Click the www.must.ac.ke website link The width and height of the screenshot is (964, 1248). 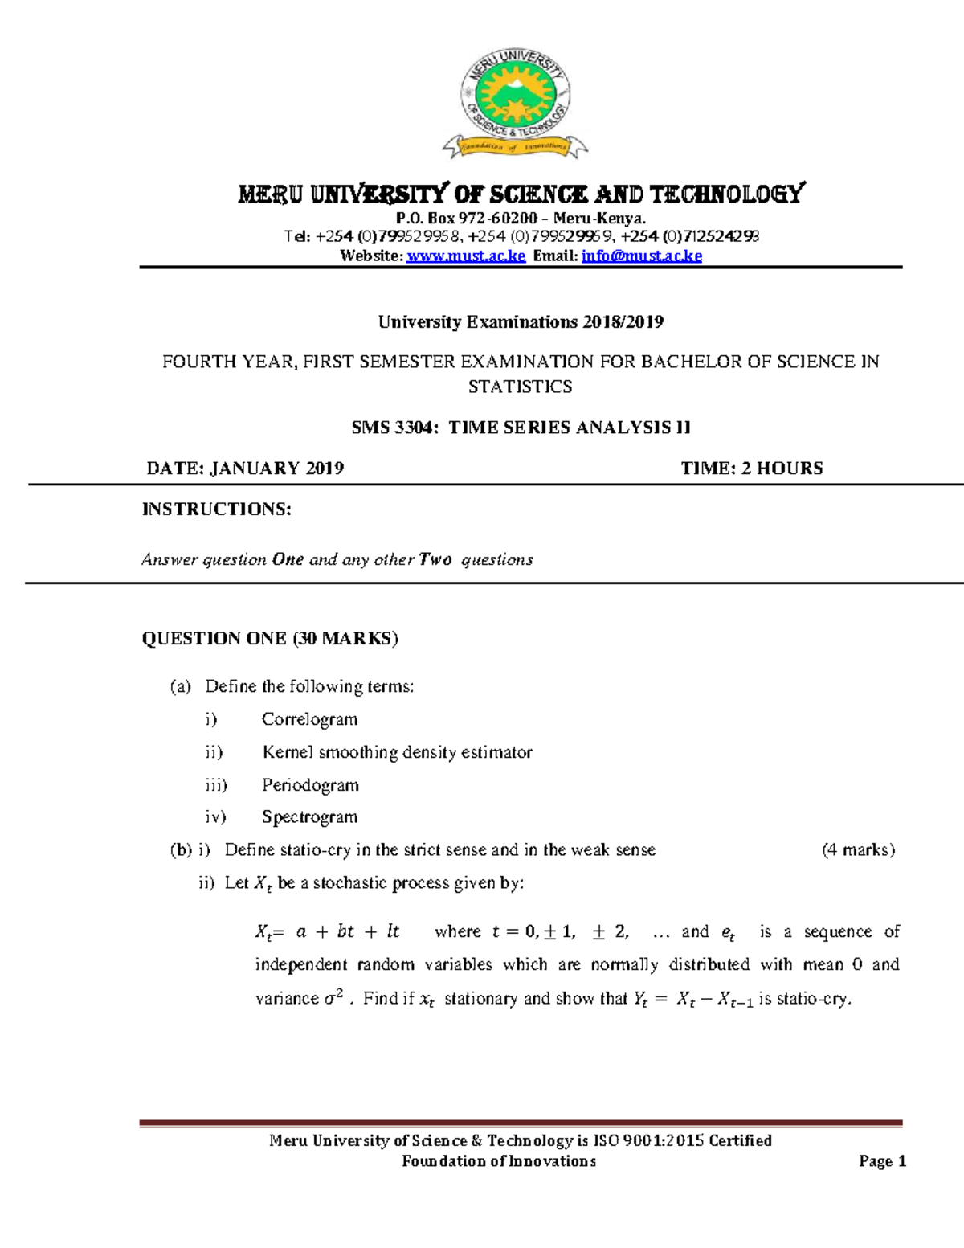466,256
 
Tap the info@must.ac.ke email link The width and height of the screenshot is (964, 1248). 641,256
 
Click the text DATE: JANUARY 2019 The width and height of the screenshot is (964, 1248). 245,469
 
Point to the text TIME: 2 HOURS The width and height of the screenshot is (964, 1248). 752,469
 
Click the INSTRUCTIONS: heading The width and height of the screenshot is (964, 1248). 216,509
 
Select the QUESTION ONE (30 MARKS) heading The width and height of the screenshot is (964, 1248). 270,639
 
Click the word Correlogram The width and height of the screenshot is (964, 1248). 309,719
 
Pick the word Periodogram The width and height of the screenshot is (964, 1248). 310,785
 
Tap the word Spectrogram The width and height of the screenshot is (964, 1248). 309,817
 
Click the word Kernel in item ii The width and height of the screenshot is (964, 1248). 287,752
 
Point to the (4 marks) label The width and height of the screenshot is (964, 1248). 858,850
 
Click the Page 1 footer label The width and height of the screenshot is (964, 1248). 882,1161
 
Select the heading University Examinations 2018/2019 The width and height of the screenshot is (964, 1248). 521,322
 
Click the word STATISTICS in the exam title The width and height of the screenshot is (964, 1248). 520,387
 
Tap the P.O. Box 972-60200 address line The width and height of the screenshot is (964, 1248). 521,219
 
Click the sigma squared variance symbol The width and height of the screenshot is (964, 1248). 333,998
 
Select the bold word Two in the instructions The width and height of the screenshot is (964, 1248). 435,559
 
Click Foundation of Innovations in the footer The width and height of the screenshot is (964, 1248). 498,1161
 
